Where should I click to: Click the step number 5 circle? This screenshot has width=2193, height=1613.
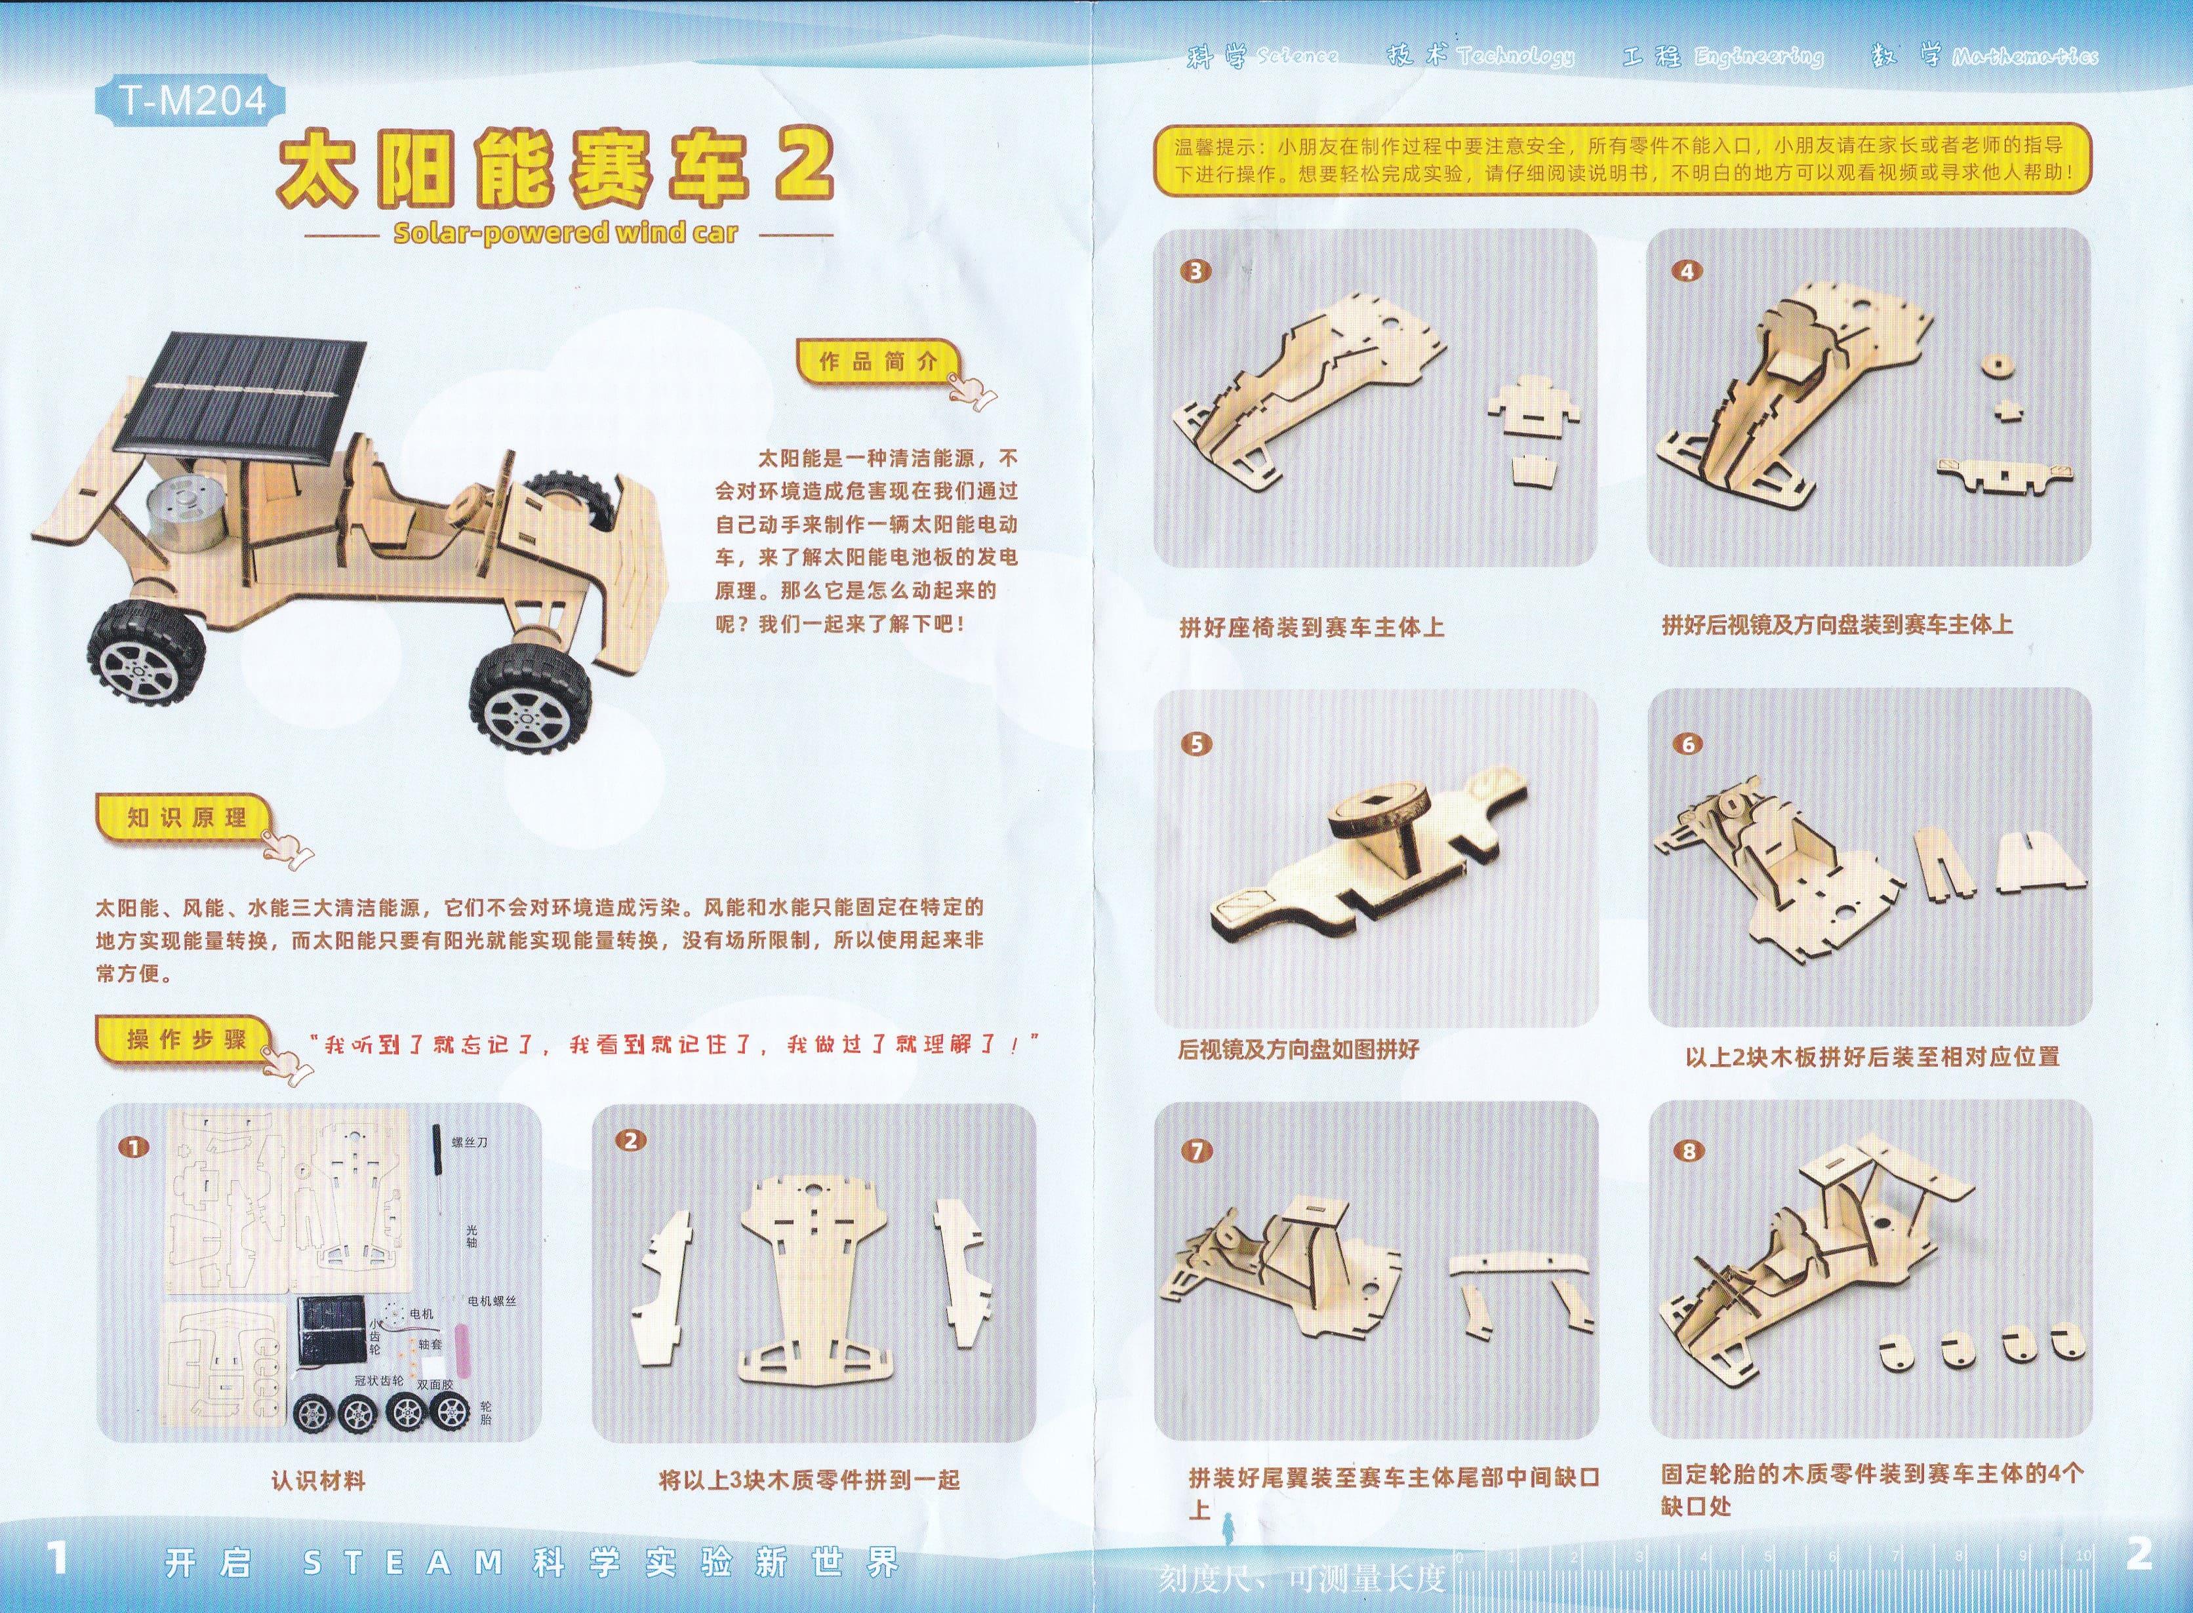tap(1197, 744)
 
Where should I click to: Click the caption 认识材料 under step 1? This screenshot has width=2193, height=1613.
tap(317, 1480)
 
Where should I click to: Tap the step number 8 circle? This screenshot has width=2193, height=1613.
tap(1689, 1151)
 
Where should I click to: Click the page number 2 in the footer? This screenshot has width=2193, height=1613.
tap(2139, 1555)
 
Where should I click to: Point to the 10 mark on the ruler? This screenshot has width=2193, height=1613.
tap(2083, 1555)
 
